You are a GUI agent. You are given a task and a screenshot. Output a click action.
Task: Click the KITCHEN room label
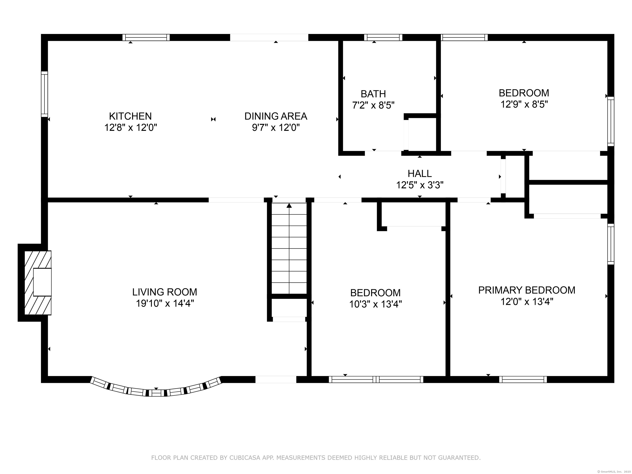(130, 116)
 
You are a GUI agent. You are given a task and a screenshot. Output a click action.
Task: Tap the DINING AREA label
(276, 116)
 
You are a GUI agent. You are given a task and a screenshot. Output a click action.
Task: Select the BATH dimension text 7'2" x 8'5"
(373, 105)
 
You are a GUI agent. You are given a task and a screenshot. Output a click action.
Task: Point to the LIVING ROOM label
(165, 292)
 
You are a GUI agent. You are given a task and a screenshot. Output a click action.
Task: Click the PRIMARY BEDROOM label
(527, 290)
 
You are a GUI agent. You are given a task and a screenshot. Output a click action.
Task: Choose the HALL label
(419, 173)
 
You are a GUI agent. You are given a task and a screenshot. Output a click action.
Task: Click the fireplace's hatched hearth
(38, 283)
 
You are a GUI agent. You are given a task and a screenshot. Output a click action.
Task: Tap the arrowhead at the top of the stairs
(289, 205)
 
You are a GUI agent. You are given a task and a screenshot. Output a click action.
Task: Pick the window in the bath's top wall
(383, 37)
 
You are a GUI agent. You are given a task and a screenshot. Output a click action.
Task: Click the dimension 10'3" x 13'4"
(375, 304)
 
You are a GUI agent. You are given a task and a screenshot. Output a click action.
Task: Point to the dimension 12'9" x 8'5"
(524, 104)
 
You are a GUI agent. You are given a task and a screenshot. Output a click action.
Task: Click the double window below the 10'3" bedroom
(376, 379)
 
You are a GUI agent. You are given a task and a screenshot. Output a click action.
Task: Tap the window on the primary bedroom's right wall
(611, 244)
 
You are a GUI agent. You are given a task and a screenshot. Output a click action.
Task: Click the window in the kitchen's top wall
(146, 37)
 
